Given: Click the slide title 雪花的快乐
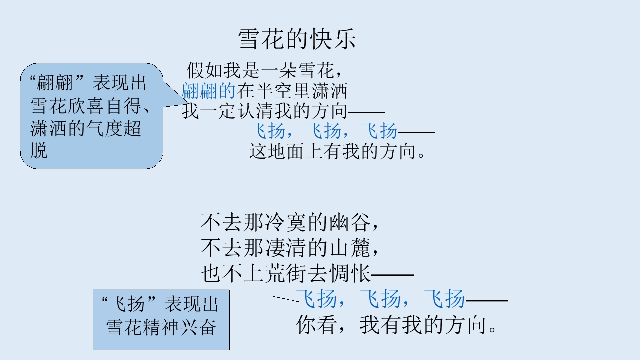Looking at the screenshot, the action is [297, 39].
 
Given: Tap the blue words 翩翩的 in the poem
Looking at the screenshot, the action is [208, 91].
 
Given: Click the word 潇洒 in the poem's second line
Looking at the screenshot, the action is [329, 91].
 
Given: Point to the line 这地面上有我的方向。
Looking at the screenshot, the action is [337, 151].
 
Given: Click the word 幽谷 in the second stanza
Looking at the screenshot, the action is [350, 222].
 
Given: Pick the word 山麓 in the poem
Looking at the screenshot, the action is [350, 247].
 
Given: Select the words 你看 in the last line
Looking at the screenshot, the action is [315, 325].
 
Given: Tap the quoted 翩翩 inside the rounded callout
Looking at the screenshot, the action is [55, 83].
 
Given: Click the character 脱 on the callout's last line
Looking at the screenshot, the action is [39, 150].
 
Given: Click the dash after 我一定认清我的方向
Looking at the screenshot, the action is [367, 112].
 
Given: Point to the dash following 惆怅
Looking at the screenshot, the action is [392, 275].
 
